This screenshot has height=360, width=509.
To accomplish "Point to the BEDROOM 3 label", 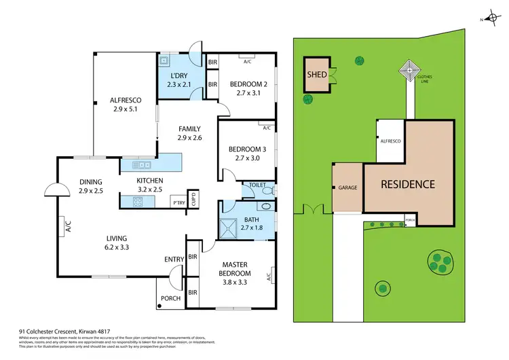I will tap(246, 149).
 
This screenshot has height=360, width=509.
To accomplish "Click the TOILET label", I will tap(258, 184).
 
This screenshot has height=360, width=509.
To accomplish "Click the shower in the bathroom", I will tap(233, 226).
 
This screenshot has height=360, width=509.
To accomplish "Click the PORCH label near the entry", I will tap(170, 298).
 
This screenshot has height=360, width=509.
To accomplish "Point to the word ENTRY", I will tap(173, 259).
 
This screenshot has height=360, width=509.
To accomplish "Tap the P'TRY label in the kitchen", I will tap(179, 203).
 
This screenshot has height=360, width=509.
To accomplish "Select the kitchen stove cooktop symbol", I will tap(140, 202).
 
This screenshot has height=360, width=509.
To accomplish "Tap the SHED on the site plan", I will tap(316, 75).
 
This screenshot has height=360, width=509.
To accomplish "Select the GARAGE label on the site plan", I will tap(347, 187).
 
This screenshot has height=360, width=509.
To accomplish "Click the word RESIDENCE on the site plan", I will tap(407, 184).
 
